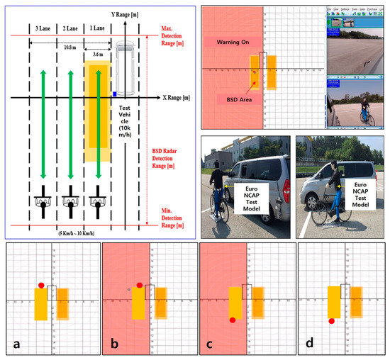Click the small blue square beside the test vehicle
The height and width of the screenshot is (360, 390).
113,94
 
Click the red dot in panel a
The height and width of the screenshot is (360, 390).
41,285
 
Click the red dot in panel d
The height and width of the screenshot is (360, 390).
331,322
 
